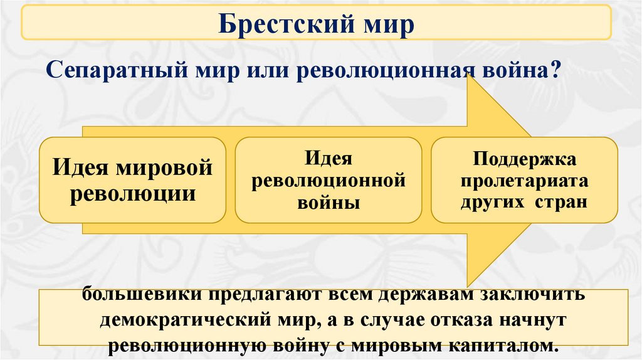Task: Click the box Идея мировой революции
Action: [132, 180]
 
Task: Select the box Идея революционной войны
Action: [329, 180]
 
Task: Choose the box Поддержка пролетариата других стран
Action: [524, 180]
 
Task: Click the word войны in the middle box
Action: [329, 202]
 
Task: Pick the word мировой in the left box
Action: [168, 168]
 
